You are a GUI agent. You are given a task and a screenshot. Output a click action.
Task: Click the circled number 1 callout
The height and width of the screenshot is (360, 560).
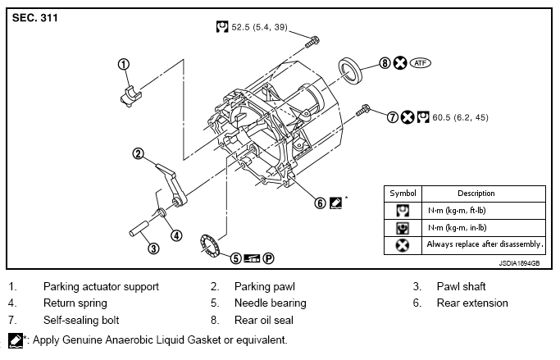(x=124, y=64)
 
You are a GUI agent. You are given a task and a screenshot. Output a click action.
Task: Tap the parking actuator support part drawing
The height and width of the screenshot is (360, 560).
(x=131, y=97)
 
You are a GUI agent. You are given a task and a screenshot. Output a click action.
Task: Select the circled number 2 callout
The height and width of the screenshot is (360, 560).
(x=139, y=154)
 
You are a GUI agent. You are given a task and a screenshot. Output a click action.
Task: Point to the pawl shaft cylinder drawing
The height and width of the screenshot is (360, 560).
(x=139, y=229)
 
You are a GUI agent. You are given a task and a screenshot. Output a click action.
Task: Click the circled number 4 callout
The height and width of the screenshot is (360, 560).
(x=176, y=235)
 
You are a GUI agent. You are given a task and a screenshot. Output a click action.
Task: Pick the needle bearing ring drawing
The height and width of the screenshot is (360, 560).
(x=210, y=245)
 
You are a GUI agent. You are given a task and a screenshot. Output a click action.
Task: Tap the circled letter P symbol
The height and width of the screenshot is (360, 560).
(x=269, y=258)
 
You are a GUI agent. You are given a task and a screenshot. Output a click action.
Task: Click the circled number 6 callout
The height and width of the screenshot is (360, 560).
(x=320, y=203)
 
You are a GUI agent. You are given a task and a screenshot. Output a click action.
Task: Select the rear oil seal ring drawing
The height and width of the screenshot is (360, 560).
(x=350, y=71)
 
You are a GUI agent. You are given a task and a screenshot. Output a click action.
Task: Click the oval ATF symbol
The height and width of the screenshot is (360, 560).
(x=421, y=63)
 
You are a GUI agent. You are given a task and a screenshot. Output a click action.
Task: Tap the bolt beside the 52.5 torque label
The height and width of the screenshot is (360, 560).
(x=312, y=42)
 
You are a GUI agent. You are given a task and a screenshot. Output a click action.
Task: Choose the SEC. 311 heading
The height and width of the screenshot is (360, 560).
(x=35, y=18)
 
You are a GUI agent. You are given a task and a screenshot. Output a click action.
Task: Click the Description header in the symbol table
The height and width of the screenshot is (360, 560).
(x=476, y=194)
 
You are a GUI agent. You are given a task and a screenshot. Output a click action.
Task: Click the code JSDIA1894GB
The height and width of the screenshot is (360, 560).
(x=519, y=263)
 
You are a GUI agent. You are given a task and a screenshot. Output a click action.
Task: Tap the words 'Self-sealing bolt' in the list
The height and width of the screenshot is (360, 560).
(x=81, y=320)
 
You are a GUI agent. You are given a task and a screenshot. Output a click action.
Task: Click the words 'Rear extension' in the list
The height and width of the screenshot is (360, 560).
(x=472, y=303)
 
